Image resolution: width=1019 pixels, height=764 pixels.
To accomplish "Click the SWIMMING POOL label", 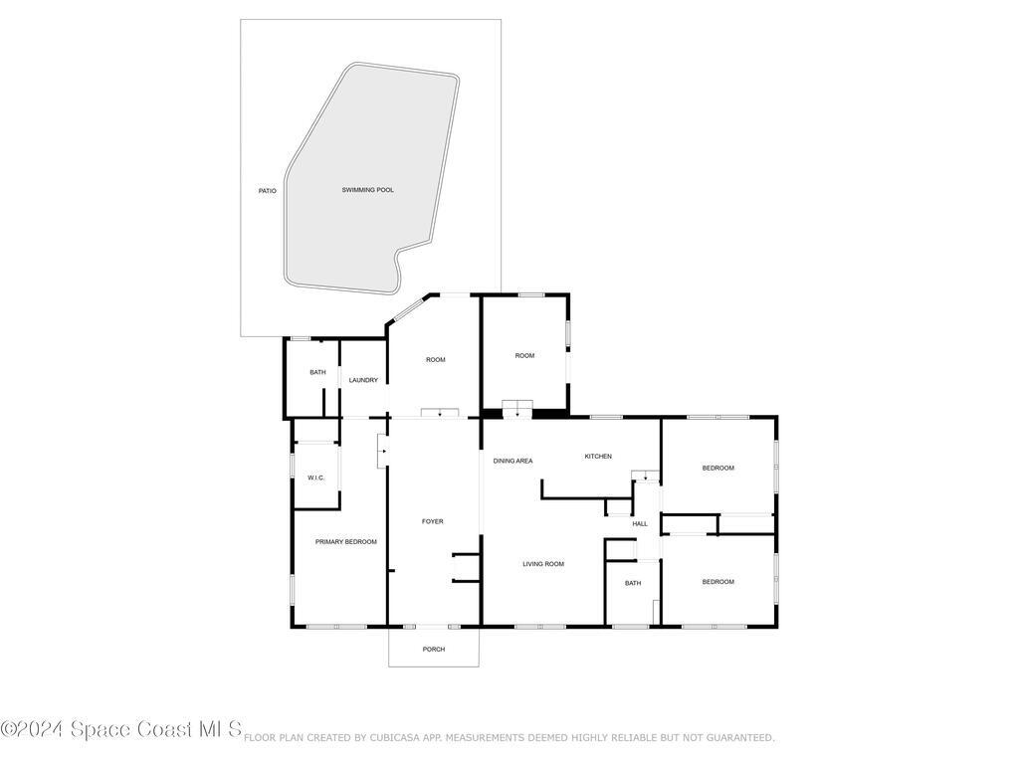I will click(x=367, y=190).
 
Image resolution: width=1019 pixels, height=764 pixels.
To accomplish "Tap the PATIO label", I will click(x=267, y=190).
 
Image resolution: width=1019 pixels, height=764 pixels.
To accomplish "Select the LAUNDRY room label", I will click(x=363, y=380).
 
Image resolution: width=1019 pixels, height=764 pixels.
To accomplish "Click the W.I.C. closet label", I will click(x=316, y=478).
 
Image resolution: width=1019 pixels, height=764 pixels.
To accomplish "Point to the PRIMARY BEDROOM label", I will click(x=345, y=542).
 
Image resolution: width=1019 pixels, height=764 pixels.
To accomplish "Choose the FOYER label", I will click(x=433, y=521).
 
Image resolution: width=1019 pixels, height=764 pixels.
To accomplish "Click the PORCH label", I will click(x=434, y=650).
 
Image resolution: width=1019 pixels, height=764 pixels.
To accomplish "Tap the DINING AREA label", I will click(x=512, y=461).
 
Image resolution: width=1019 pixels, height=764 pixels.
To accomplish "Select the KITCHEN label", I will click(x=597, y=457).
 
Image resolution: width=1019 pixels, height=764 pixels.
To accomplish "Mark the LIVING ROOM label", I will click(x=543, y=564).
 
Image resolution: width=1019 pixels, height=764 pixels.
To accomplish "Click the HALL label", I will click(x=640, y=524).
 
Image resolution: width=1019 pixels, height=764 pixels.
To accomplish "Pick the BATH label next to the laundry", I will click(x=317, y=372).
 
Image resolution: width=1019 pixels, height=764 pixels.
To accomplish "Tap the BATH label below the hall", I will click(x=633, y=584).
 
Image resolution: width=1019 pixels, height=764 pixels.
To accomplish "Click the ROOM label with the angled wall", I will click(x=435, y=360).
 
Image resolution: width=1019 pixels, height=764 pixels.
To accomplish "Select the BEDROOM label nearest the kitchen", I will click(x=717, y=468).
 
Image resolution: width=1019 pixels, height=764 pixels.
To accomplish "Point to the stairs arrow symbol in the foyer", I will click(x=382, y=451).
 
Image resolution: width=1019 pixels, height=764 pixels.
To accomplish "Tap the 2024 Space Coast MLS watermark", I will click(x=120, y=730).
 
